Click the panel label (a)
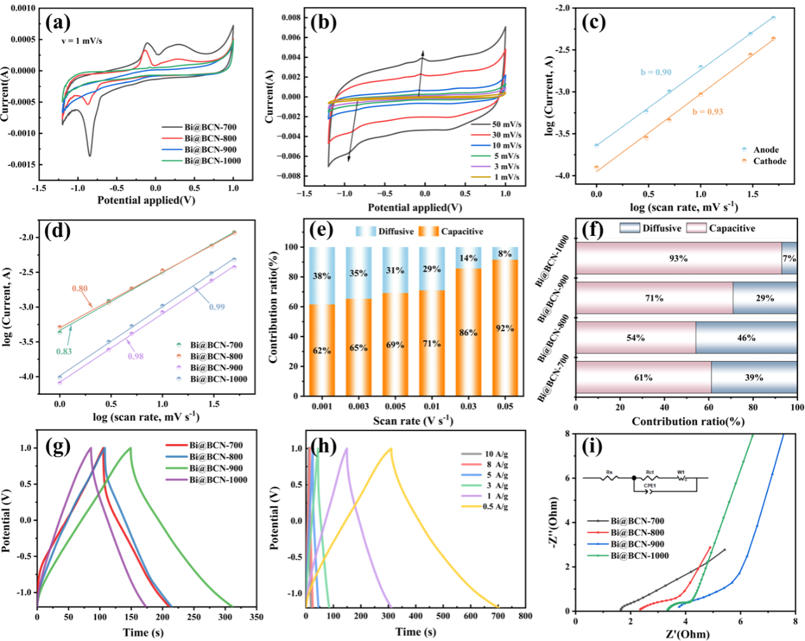(58, 24)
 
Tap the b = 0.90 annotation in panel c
(656, 72)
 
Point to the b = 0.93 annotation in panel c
(707, 112)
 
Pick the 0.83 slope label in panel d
(64, 352)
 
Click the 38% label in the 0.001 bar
(322, 276)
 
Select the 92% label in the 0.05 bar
(505, 328)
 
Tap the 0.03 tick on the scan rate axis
(468, 406)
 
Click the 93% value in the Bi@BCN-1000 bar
(678, 258)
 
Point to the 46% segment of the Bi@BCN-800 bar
(746, 338)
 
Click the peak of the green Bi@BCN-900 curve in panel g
(130, 448)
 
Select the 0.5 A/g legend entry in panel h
(495, 507)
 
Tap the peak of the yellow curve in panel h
(390, 448)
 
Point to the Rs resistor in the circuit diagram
(609, 477)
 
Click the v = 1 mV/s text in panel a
(81, 41)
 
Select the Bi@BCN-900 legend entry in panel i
(637, 544)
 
